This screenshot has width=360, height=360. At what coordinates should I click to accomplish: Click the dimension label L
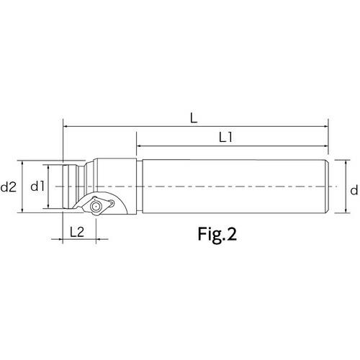click(x=194, y=118)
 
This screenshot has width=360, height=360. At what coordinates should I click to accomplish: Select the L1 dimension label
click(x=225, y=138)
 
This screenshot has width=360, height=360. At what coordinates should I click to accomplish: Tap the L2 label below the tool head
click(x=77, y=232)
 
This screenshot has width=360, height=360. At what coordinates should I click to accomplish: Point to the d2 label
click(x=9, y=186)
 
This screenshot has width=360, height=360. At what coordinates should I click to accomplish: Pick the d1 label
click(x=37, y=186)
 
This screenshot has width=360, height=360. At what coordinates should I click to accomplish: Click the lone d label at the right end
click(x=354, y=190)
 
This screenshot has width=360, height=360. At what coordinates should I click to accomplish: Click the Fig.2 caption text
click(x=217, y=234)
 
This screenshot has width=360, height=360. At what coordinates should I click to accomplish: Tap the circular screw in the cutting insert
click(x=95, y=206)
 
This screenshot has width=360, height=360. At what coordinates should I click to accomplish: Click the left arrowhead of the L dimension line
click(x=65, y=126)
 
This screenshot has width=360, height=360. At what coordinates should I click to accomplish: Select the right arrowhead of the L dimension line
click(x=325, y=126)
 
